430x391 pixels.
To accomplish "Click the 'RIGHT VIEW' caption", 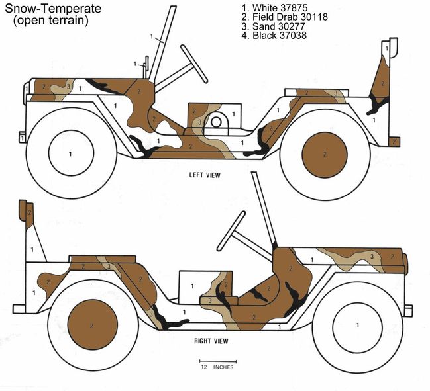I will pyautogui.click(x=211, y=341).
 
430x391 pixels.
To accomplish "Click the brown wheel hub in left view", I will pyautogui.click(x=324, y=154).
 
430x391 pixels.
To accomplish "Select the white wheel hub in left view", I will pyautogui.click(x=70, y=153).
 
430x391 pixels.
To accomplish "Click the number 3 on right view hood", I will pyautogui.click(x=372, y=256).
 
